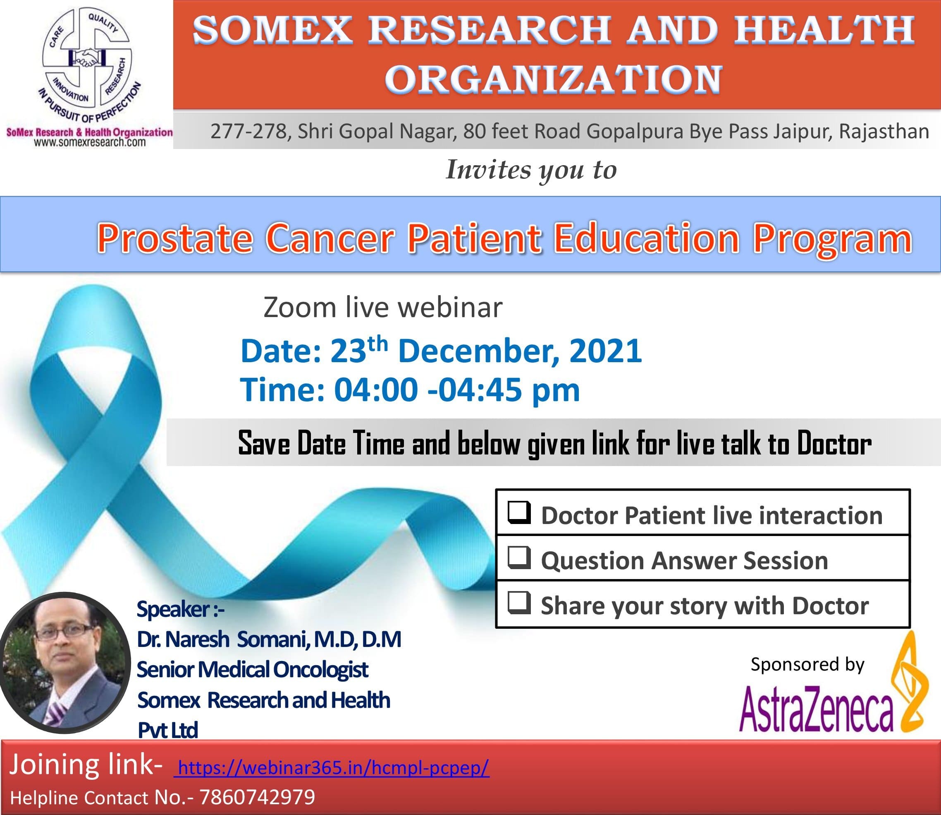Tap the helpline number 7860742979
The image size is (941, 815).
pos(257,797)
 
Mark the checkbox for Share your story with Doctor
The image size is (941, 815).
pos(519,603)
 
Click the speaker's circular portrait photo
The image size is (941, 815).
pos(64,663)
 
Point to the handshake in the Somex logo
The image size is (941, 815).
pos(87,58)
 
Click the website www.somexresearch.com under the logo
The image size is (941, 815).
pos(90,142)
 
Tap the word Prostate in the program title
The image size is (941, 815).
pos(174,238)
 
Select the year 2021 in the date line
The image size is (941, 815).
pos(605,351)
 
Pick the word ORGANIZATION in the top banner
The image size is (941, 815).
pos(554,79)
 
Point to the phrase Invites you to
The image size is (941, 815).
pos(531,170)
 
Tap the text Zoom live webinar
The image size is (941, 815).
pos(383,308)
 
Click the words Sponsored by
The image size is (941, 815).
pos(807,664)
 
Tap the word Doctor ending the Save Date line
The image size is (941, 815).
pos(834,443)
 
